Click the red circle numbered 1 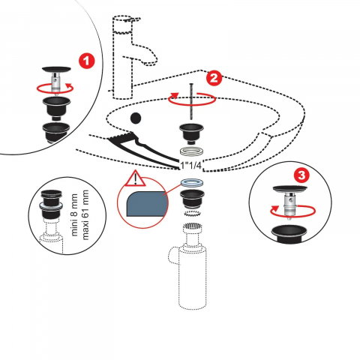(87, 61)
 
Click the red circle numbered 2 (214, 78)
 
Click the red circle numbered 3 (301, 175)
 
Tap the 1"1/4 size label (190, 165)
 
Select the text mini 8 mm (74, 214)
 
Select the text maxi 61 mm (85, 214)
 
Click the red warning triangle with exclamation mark (135, 178)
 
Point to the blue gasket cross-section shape (146, 204)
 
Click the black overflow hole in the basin (136, 118)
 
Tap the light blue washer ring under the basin (191, 183)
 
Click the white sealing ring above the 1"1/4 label (191, 151)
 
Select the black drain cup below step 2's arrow (191, 133)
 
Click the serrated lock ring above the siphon (192, 214)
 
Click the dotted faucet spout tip (153, 61)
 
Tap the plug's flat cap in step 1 (56, 69)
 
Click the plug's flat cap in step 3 (289, 189)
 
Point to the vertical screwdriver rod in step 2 (191, 103)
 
